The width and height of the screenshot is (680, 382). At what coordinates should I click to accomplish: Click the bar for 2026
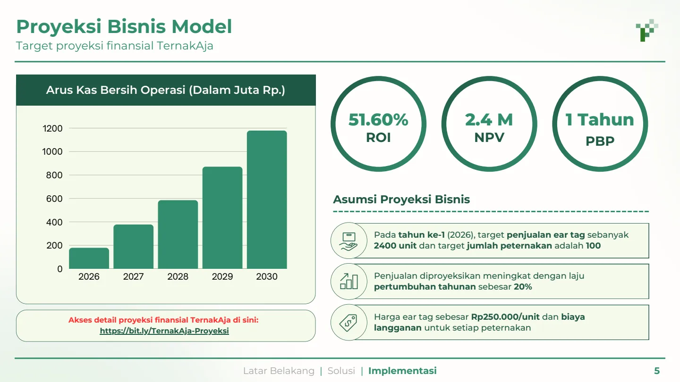click(x=89, y=258)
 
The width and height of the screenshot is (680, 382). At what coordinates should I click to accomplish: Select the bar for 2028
click(x=178, y=234)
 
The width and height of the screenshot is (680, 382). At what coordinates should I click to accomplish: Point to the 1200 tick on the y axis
click(x=52, y=128)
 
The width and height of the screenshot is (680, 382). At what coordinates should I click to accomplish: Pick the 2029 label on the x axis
click(x=222, y=277)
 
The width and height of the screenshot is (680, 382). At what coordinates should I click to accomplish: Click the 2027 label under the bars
click(x=133, y=277)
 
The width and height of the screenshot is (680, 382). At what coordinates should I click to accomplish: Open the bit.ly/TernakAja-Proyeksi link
click(x=164, y=331)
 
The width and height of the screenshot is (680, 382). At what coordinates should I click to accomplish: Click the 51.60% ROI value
click(x=378, y=120)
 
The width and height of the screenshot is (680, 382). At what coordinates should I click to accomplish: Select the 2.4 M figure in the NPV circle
click(x=489, y=120)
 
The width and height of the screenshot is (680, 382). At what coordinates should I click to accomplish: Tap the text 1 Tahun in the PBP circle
click(x=600, y=120)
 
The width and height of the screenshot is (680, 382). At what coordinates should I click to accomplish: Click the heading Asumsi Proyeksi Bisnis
click(x=401, y=199)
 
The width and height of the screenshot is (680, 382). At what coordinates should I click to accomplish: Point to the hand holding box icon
click(x=348, y=241)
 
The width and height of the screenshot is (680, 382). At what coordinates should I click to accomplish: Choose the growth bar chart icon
click(x=348, y=282)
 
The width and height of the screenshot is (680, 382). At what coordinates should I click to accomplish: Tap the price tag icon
click(x=348, y=323)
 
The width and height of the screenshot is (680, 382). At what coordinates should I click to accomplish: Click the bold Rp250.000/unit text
click(x=506, y=317)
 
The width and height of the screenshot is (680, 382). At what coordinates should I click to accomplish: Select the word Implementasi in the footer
click(x=402, y=371)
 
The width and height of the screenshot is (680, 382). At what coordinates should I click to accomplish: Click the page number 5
click(x=656, y=371)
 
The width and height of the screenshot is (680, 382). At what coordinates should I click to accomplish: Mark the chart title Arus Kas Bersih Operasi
click(x=166, y=90)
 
